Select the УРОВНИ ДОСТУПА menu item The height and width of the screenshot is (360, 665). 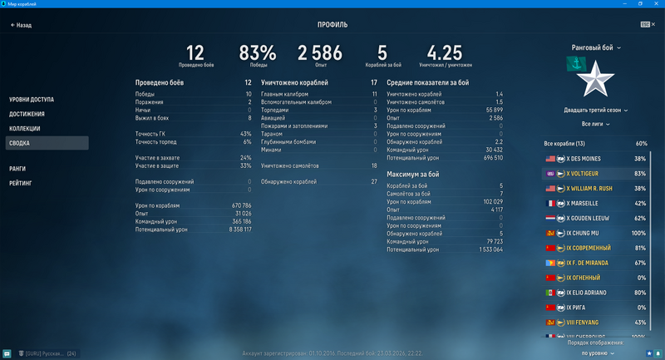pos(31,100)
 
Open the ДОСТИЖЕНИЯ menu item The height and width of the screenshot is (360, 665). pos(27,114)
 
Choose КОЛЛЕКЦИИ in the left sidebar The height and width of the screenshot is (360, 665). pos(25,129)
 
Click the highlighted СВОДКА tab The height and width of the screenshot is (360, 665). pos(19,143)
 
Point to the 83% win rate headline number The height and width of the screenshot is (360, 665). pos(258,53)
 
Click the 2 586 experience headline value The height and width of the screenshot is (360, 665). pos(320,53)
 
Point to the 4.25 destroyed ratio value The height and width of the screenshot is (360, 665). pos(445,53)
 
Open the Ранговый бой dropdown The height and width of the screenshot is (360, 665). pos(596,47)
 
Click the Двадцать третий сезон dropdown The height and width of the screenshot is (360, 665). pos(596,110)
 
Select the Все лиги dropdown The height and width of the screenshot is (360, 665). pos(596,124)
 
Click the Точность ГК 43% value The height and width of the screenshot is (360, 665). pos(245,134)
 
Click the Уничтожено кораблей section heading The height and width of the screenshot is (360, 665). pos(294,83)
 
